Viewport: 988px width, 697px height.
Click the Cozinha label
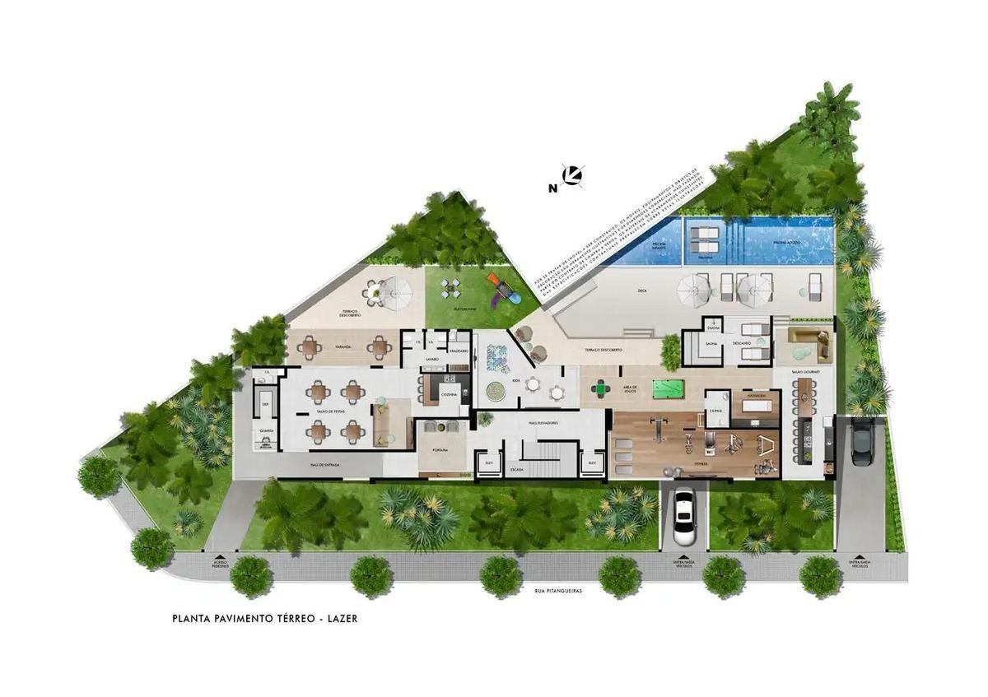[x=449, y=396]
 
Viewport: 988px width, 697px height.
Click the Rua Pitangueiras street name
[x=552, y=590]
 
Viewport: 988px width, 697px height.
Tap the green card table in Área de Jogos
[x=602, y=387]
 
